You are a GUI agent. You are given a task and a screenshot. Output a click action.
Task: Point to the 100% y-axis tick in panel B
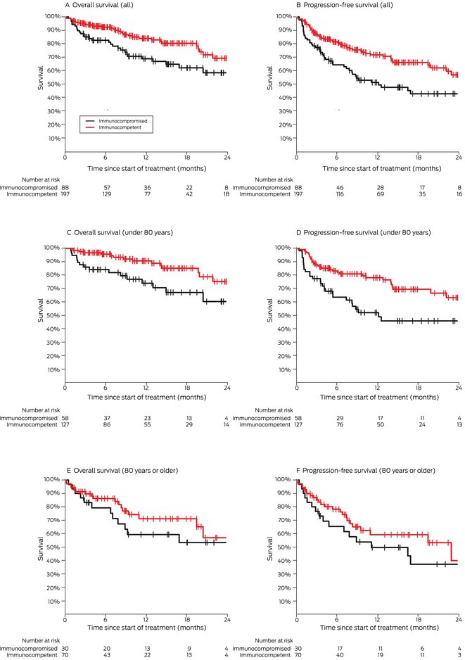pos(287,16)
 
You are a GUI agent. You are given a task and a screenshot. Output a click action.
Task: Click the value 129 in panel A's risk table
pos(106,193)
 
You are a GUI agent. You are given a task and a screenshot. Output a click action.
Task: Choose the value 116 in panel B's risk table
pos(338,193)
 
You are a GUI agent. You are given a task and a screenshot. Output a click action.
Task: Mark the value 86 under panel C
pos(106,425)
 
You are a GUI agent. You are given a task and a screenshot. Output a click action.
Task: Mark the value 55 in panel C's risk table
pos(146,425)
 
